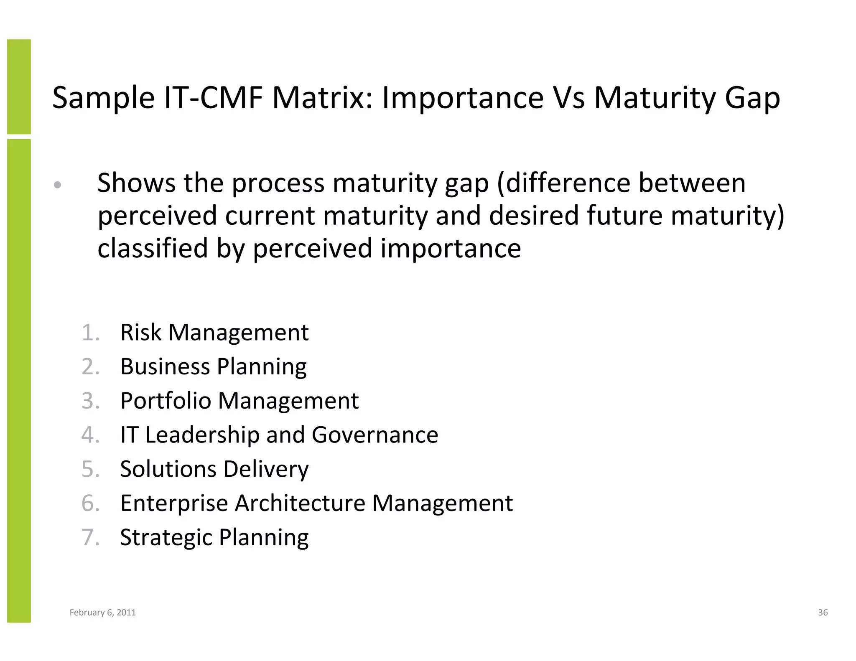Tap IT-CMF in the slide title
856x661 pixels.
click(213, 98)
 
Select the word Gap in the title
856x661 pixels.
click(752, 99)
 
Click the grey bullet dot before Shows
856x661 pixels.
click(58, 185)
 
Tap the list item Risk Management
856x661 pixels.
click(214, 333)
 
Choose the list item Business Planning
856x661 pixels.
click(213, 367)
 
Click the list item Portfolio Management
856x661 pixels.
click(239, 401)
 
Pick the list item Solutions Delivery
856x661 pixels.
click(214, 469)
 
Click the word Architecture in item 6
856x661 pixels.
click(300, 503)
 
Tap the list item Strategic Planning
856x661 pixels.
click(214, 537)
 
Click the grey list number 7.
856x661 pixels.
click(90, 537)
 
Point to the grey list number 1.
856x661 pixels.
click(90, 333)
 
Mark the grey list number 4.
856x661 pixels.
click(90, 435)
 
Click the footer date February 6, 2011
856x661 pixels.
click(102, 613)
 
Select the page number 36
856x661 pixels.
click(823, 613)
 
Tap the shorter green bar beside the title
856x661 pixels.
click(19, 86)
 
